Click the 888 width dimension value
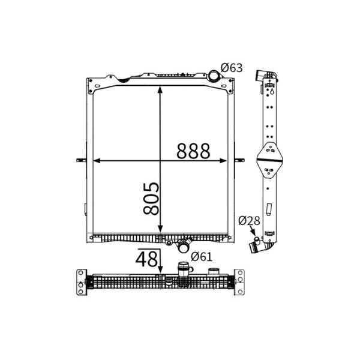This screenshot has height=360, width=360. (x=193, y=151)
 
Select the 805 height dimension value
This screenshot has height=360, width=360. (x=151, y=199)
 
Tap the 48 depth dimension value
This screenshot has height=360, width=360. (x=147, y=259)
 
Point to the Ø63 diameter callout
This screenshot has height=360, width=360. (x=232, y=68)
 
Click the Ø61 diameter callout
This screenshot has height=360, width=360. (x=202, y=257)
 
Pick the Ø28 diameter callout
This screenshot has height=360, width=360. (x=249, y=221)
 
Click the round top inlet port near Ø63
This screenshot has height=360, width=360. (x=214, y=76)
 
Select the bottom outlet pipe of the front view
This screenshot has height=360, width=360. (x=184, y=246)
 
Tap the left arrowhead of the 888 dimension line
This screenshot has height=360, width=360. (x=97, y=161)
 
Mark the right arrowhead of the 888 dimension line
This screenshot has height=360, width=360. (x=223, y=161)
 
